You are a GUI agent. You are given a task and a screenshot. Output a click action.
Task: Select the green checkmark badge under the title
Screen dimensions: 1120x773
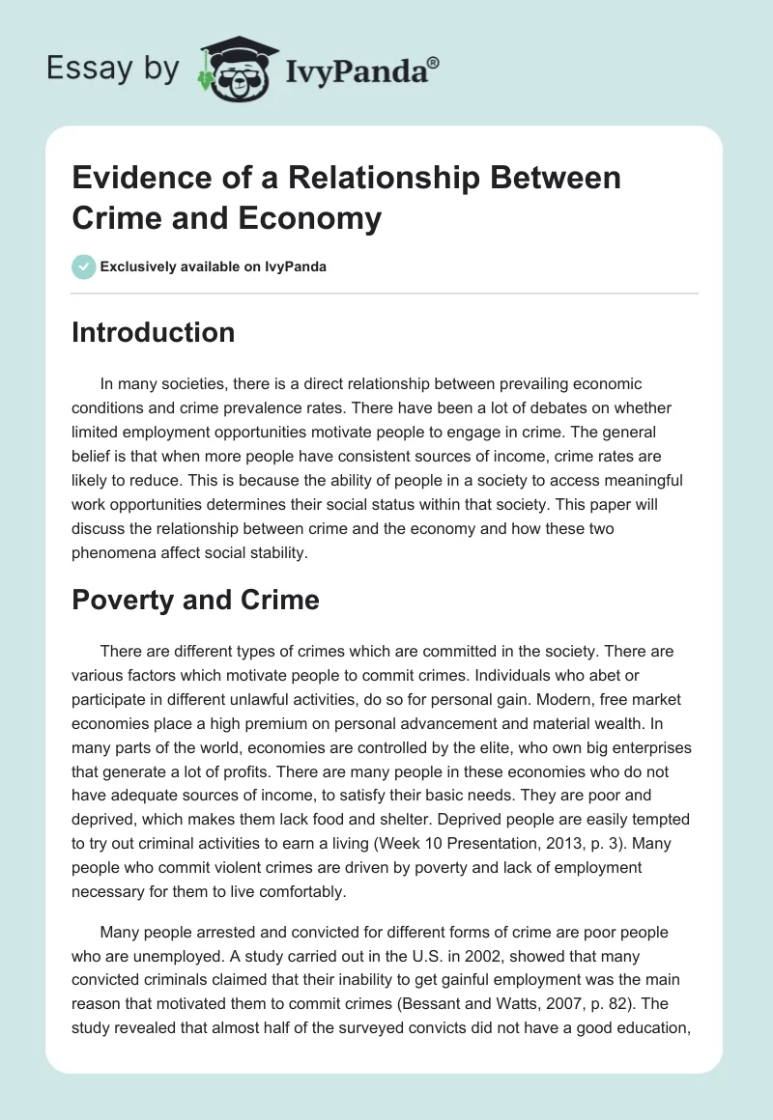84,266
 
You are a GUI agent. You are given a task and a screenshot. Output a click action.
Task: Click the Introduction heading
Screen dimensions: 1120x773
154,333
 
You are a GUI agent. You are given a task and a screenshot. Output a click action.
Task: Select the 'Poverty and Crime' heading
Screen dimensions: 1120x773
195,600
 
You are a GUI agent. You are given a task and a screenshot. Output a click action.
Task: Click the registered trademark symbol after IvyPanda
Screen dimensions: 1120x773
435,61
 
